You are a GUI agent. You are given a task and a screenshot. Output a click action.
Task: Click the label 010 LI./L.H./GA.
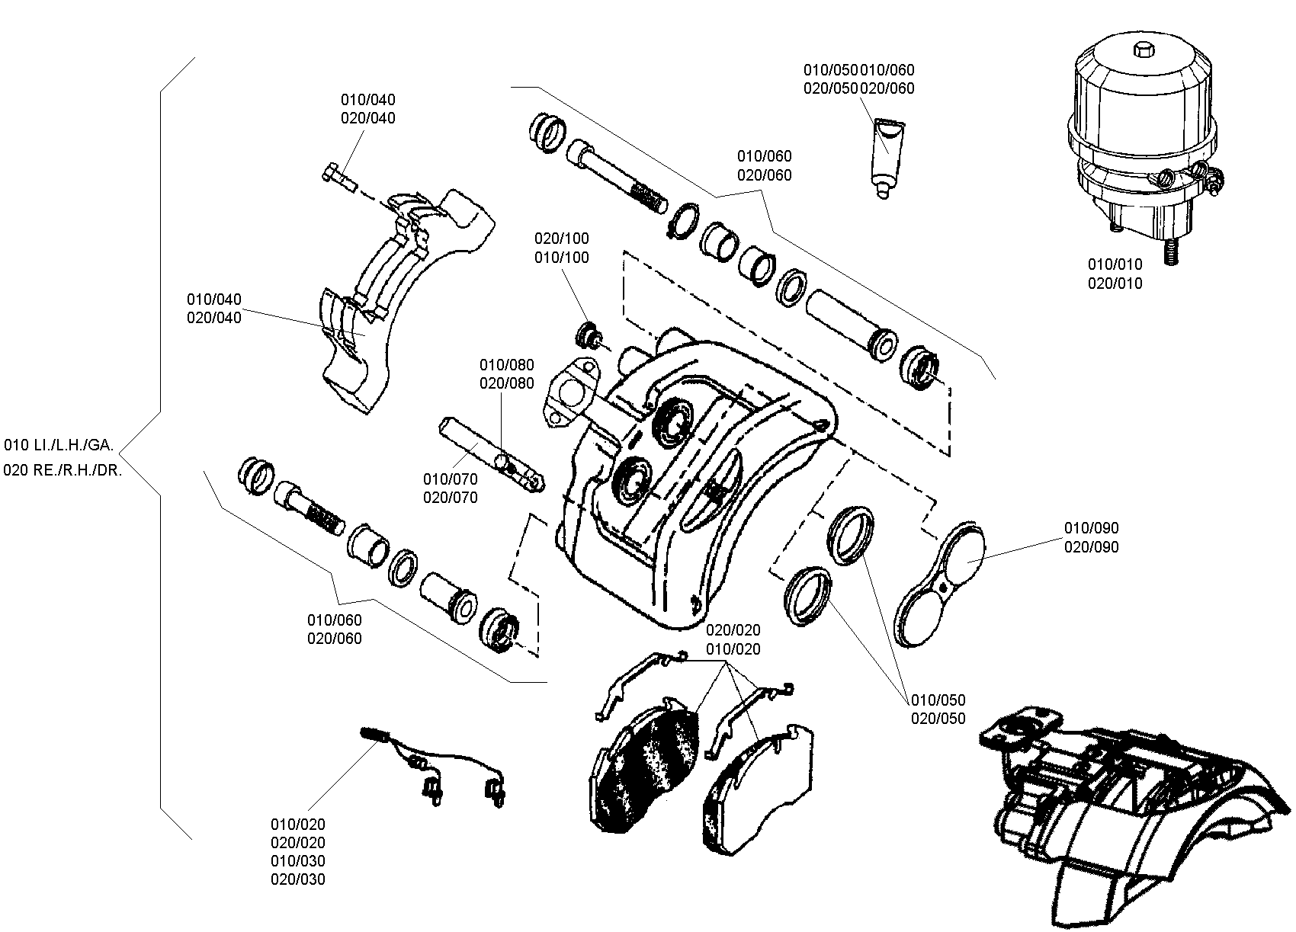click(59, 445)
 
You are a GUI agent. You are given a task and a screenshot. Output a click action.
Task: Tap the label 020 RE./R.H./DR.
click(63, 470)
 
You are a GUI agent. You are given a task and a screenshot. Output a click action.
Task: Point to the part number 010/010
click(1115, 264)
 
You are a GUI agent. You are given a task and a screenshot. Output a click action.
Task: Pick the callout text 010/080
click(507, 365)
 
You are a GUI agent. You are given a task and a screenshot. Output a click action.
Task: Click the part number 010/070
click(450, 479)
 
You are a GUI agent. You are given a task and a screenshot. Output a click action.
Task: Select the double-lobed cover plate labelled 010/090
click(938, 584)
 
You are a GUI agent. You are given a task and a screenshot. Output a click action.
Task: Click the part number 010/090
click(1091, 528)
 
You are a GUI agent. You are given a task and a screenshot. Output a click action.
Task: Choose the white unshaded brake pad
click(758, 789)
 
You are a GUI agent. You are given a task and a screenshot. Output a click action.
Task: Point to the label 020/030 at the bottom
click(298, 879)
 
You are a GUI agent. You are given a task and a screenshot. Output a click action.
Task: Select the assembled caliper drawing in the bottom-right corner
click(1134, 815)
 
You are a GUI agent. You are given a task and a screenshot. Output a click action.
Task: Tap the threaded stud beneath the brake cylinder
click(1171, 252)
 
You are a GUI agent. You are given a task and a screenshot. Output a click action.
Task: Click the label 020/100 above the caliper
click(561, 239)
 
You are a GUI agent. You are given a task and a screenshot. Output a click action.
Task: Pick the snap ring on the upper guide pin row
click(684, 221)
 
